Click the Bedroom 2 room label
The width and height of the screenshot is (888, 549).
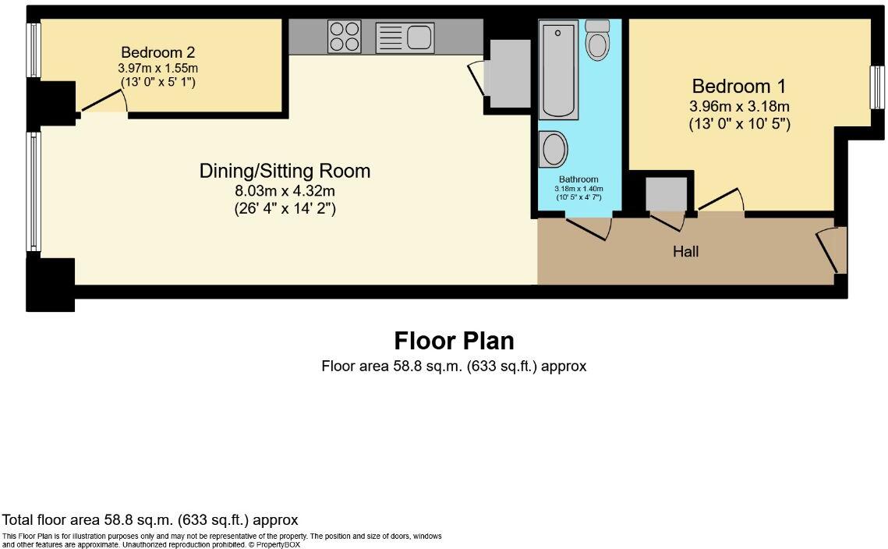pyautogui.click(x=157, y=53)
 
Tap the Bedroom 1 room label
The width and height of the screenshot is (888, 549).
pyautogui.click(x=739, y=87)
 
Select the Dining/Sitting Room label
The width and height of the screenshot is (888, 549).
pyautogui.click(x=285, y=171)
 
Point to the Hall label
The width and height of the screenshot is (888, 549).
pyautogui.click(x=686, y=251)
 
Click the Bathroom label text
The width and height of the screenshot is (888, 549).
pyautogui.click(x=578, y=179)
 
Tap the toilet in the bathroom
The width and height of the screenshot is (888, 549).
pyautogui.click(x=597, y=41)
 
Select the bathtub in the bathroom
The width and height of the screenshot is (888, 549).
pyautogui.click(x=557, y=70)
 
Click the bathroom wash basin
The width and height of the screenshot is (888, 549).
pyautogui.click(x=554, y=148)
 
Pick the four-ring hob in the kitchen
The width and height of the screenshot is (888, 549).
pyautogui.click(x=345, y=37)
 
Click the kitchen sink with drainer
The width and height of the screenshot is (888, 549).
pyautogui.click(x=405, y=37)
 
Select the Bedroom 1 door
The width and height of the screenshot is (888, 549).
pyautogui.click(x=721, y=200)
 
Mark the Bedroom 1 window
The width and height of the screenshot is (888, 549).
pyautogui.click(x=876, y=87)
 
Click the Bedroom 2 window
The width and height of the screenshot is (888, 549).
pyautogui.click(x=34, y=51)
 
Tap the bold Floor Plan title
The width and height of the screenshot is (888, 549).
pyautogui.click(x=454, y=341)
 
